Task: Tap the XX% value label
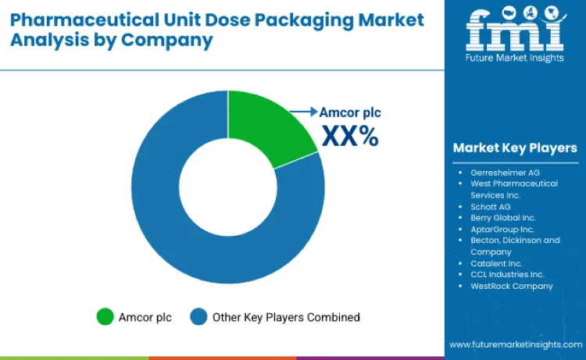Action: click(x=350, y=136)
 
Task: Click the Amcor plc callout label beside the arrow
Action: click(x=350, y=112)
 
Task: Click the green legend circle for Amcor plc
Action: click(x=105, y=316)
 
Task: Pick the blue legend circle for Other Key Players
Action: click(x=200, y=316)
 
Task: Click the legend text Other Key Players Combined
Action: click(x=287, y=317)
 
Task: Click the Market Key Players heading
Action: click(x=514, y=148)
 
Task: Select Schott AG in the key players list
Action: click(x=491, y=206)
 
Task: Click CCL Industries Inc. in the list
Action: click(x=508, y=274)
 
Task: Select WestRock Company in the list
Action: click(x=511, y=286)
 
